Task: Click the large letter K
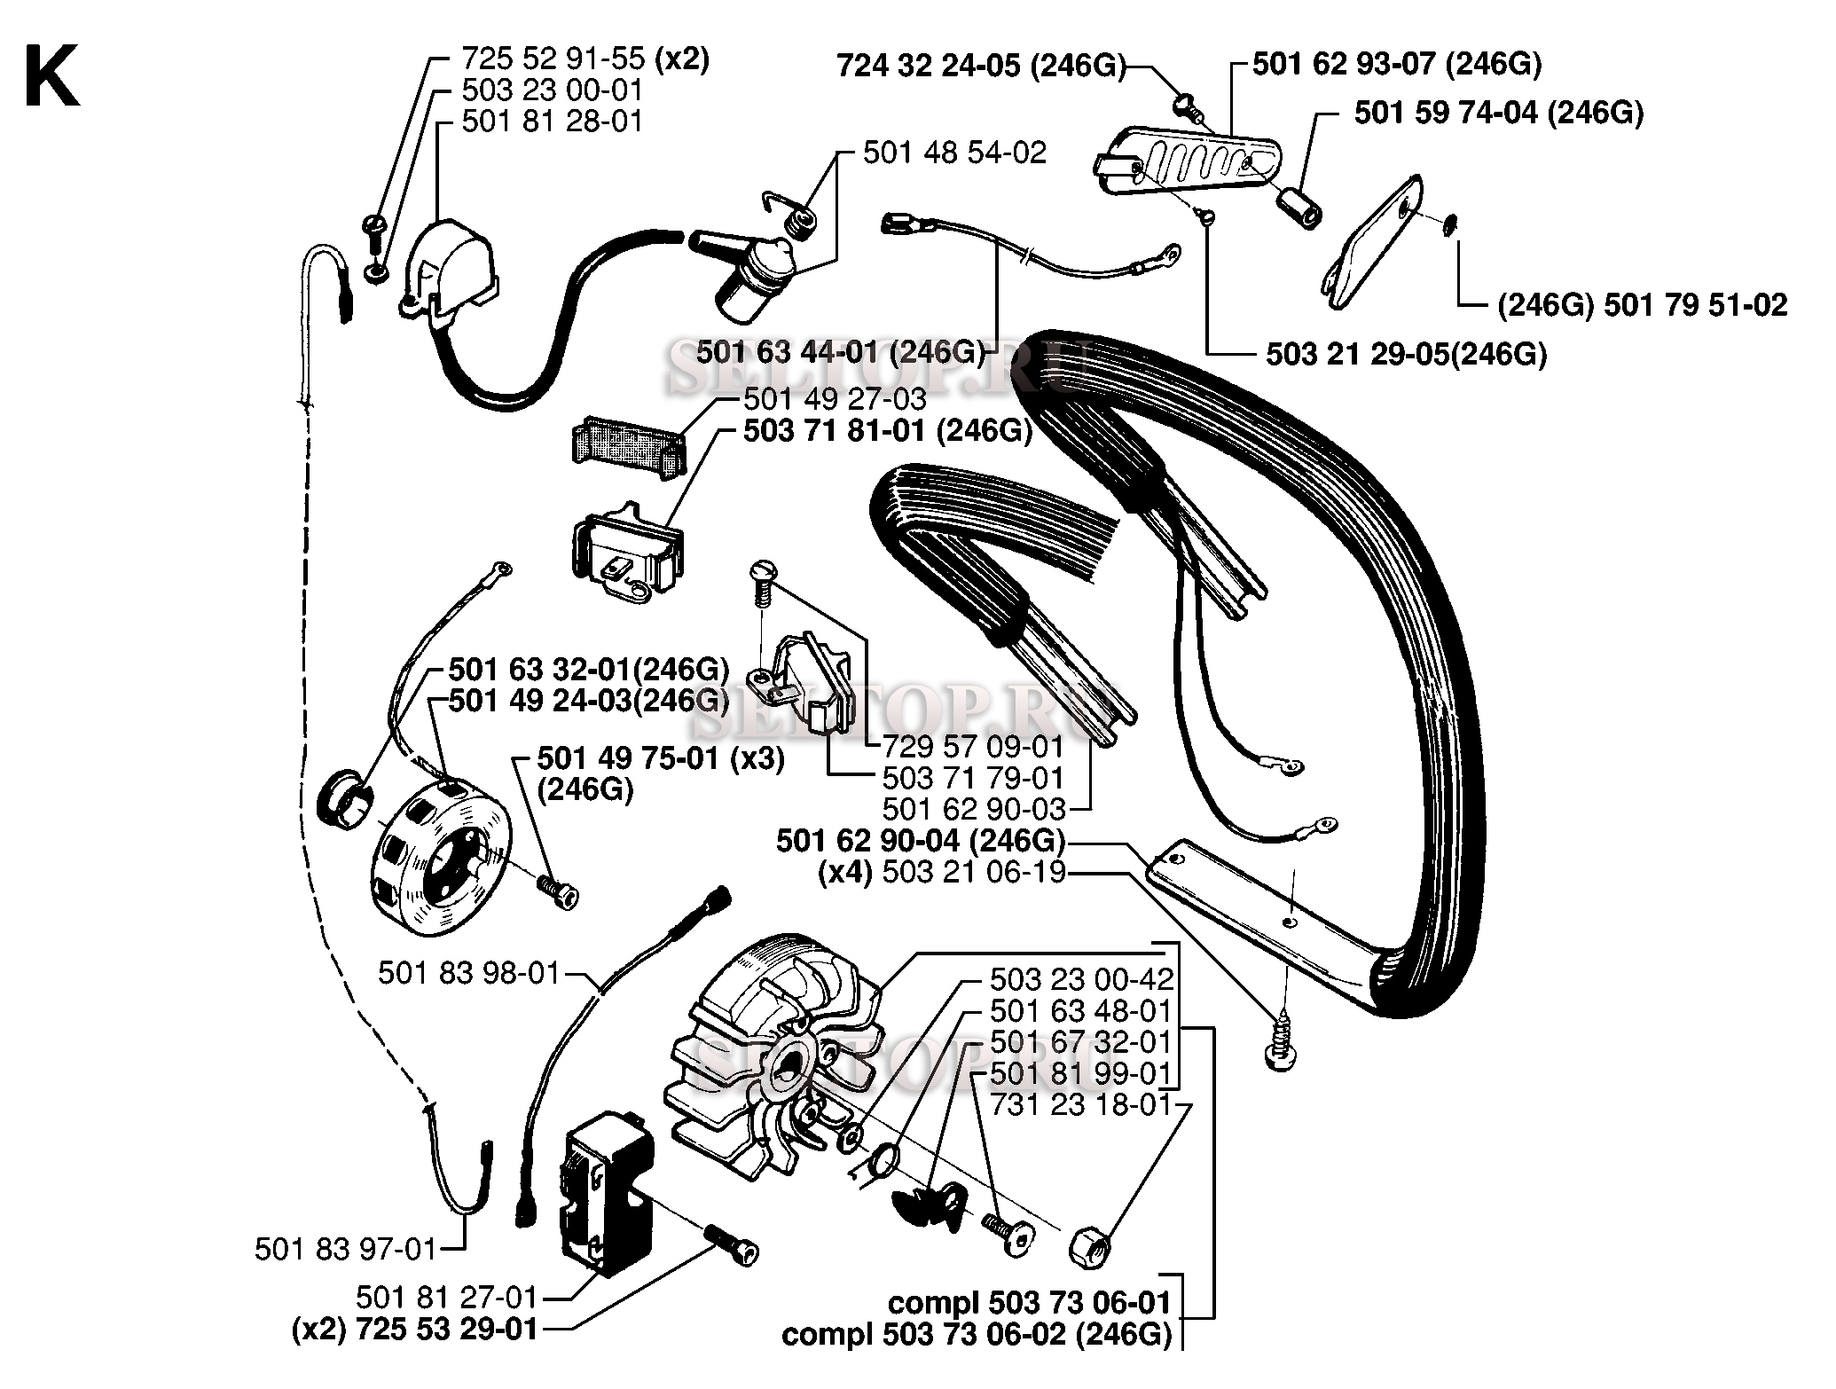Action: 51,78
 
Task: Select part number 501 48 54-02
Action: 954,153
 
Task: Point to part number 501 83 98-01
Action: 469,973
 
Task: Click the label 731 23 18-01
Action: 1081,1105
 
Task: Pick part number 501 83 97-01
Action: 346,1250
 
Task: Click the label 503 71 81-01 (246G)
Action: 887,432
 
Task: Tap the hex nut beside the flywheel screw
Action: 1088,1248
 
